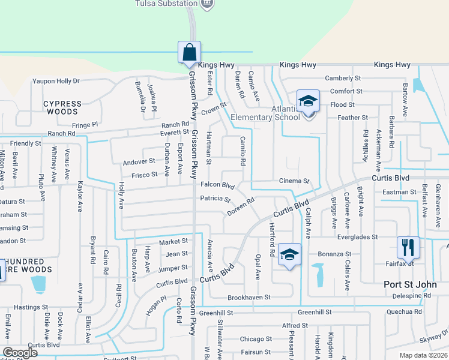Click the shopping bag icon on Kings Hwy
point(189,52)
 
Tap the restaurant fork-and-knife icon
point(406,247)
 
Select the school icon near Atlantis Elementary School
point(308,100)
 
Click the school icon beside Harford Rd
point(289,256)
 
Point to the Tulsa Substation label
point(165,4)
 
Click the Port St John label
point(411,284)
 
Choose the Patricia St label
point(215,198)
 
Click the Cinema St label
point(294,181)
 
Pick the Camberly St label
point(343,78)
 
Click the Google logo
point(20,353)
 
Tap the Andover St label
point(139,162)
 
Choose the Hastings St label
point(26,307)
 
